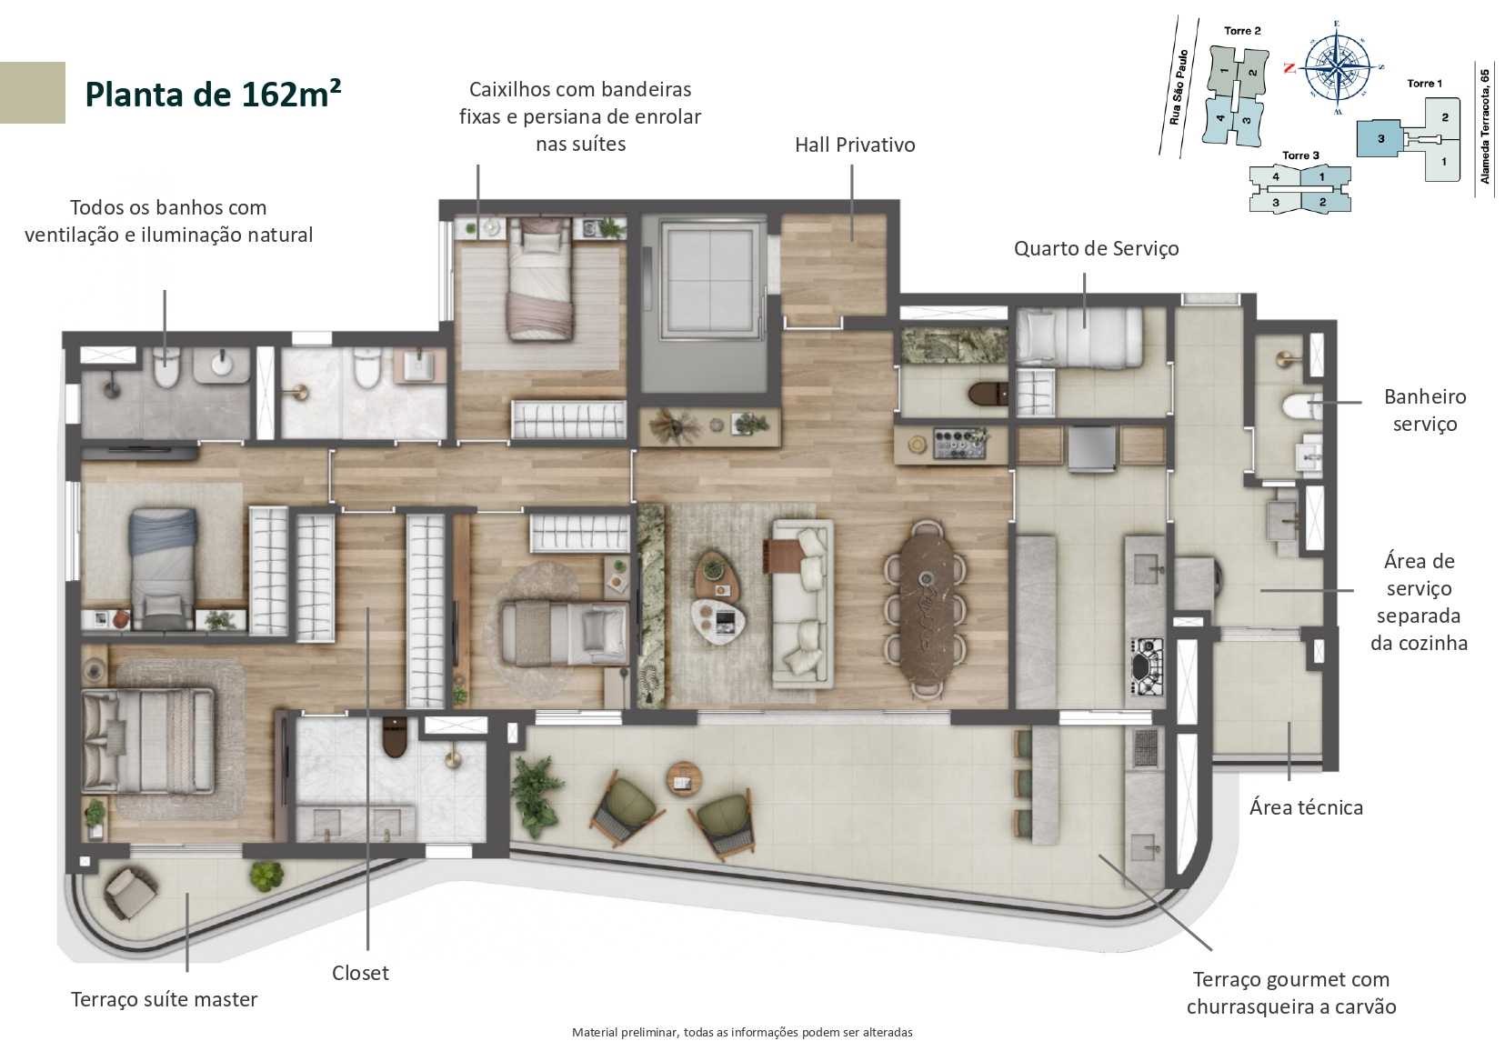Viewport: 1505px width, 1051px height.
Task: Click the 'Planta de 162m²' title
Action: [x=212, y=94]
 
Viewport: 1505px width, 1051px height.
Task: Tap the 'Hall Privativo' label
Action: [x=854, y=145]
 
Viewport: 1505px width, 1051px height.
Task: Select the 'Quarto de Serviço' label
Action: [x=1096, y=248]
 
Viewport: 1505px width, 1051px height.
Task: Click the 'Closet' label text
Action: [x=360, y=973]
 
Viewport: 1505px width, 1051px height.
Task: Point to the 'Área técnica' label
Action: [x=1306, y=807]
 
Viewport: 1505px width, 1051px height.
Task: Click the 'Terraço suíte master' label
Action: [x=164, y=999]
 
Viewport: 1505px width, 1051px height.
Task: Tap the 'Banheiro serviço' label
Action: [x=1424, y=410]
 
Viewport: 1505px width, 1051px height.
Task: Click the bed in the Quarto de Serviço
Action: [x=1079, y=338]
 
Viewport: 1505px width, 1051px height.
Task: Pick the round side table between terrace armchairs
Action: [x=684, y=776]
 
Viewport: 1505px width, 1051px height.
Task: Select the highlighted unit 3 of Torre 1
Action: [x=1380, y=139]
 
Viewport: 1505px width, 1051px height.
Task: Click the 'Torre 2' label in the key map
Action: [x=1242, y=31]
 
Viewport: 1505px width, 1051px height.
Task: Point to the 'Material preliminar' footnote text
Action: [x=742, y=1032]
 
